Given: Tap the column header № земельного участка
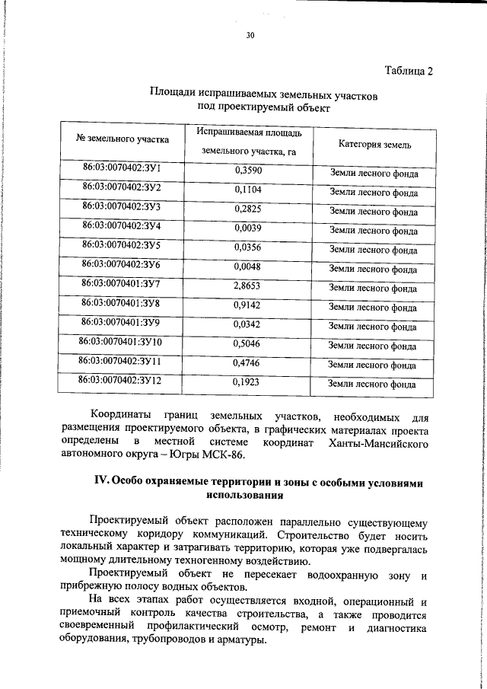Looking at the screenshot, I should [x=123, y=139].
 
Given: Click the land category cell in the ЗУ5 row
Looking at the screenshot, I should [x=373, y=250].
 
